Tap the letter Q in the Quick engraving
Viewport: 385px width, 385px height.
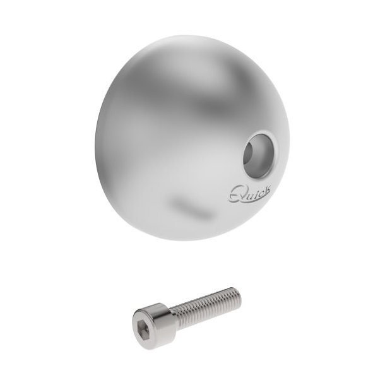pyautogui.click(x=234, y=192)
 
